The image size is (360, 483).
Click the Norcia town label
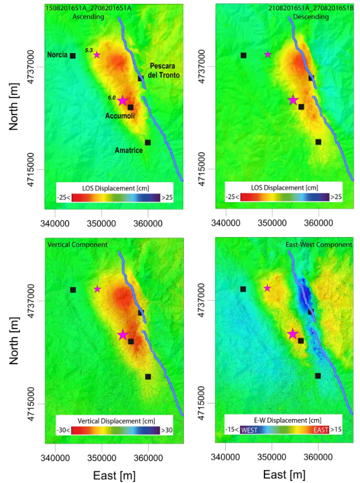(57, 55)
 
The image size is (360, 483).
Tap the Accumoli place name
(120, 116)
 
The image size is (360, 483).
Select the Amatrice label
(129, 150)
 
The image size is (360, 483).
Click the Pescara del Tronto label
(164, 70)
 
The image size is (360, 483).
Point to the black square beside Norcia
(73, 56)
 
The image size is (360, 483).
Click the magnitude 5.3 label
(89, 50)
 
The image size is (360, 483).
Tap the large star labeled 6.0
(123, 101)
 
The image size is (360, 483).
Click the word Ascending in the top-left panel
(88, 17)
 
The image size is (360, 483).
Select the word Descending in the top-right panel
(311, 17)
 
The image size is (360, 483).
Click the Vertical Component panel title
(77, 245)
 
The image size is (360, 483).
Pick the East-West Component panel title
(319, 245)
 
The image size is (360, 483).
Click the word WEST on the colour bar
(249, 430)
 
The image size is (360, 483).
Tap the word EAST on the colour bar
(321, 430)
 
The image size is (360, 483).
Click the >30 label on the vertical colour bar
(167, 430)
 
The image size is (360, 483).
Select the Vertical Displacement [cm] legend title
(116, 421)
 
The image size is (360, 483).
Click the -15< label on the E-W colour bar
(232, 429)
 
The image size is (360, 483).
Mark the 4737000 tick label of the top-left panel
(31, 67)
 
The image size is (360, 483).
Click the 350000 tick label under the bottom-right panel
(272, 457)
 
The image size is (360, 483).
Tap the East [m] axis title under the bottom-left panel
(114, 476)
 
